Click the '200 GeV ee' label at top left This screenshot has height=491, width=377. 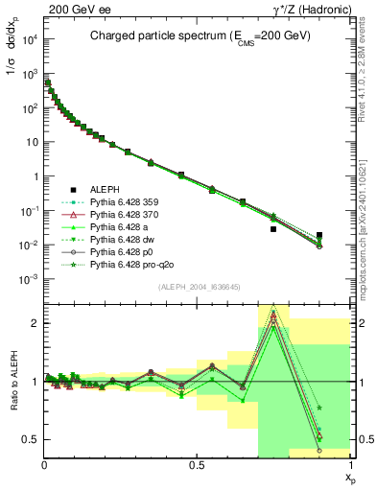[x=70, y=8]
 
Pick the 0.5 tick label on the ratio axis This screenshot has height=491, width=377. [x=30, y=439]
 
